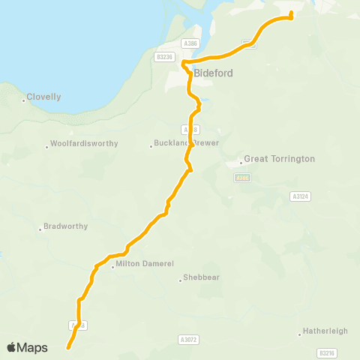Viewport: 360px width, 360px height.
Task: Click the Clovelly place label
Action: [x=45, y=97]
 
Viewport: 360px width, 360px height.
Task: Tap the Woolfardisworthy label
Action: [x=83, y=144]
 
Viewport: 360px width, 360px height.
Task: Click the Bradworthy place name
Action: [x=66, y=226]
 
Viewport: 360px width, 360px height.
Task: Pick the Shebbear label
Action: [x=199, y=279]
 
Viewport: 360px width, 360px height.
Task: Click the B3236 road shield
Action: [x=164, y=57]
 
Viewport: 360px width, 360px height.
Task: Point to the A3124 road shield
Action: [x=299, y=196]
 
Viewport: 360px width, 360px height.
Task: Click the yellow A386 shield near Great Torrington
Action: [x=241, y=178]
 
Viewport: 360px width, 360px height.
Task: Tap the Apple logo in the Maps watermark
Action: [x=11, y=347]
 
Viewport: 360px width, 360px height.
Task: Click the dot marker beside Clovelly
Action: [x=24, y=100]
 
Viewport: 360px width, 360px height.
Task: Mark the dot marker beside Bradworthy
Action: [x=40, y=229]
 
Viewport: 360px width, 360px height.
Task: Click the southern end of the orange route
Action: [x=68, y=347]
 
